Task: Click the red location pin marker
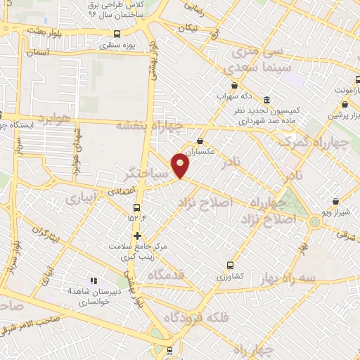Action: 181,165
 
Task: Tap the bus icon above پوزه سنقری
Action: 116,33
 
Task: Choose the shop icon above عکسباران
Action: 200,141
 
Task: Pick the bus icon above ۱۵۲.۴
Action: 137,207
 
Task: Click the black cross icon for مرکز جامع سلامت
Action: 138,235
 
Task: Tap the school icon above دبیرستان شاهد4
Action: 92,280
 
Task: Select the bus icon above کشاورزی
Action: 229,266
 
